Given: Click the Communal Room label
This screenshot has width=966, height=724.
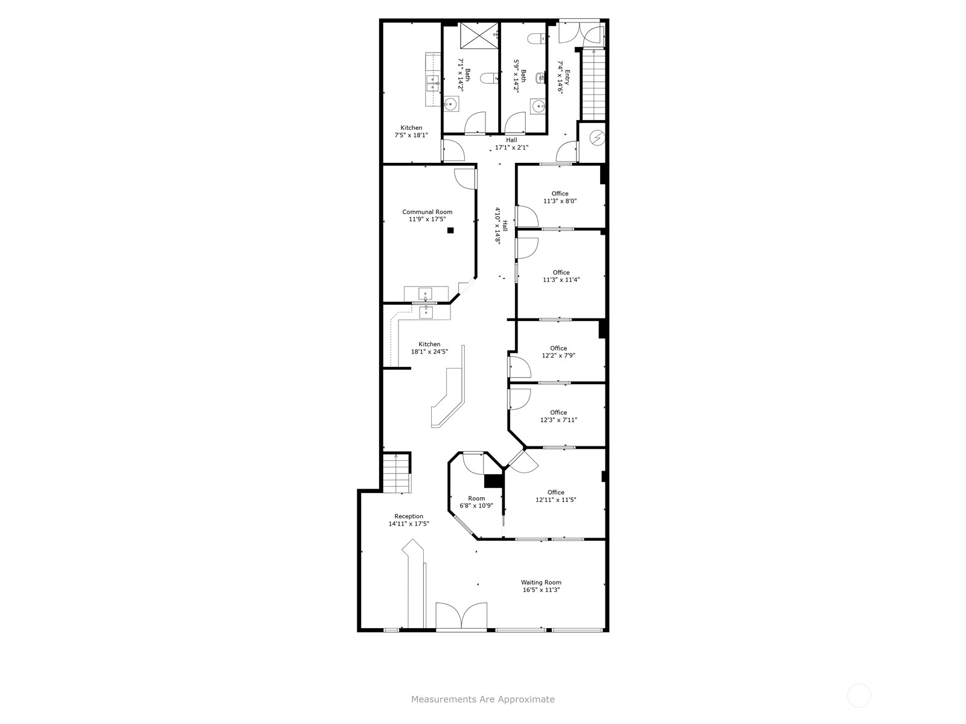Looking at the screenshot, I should pos(427,212).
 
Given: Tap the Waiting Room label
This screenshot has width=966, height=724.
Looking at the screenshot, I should pos(541,582).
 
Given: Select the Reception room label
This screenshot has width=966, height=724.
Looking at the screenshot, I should pos(409,516).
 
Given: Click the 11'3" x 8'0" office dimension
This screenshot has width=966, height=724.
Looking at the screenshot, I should pos(560,202).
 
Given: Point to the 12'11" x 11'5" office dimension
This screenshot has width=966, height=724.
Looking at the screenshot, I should pos(555,500).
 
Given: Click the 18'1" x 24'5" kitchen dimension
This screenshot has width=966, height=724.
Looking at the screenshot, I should pos(429,352).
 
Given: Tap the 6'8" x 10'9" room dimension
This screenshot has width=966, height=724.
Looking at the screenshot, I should pos(476,506).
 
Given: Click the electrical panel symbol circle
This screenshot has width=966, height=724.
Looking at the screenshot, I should pos(597,138).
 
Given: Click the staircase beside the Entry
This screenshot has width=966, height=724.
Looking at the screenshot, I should pos(593,84).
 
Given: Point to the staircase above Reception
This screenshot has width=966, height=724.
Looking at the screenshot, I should pos(397,473).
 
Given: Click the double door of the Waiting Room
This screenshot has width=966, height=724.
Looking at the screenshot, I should pos(461,617).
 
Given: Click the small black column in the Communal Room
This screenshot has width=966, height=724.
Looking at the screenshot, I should pos(450,230).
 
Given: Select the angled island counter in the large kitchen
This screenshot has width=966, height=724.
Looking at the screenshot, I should pos(447,398).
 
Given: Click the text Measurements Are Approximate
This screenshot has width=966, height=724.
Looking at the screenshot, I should pos(482,700).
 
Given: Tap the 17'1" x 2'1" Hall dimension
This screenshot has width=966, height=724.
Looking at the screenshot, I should pos(511,147).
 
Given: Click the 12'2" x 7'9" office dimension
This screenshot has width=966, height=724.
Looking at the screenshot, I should pos(558,356).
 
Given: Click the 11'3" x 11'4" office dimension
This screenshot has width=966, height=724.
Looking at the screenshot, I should pos(561,280).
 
